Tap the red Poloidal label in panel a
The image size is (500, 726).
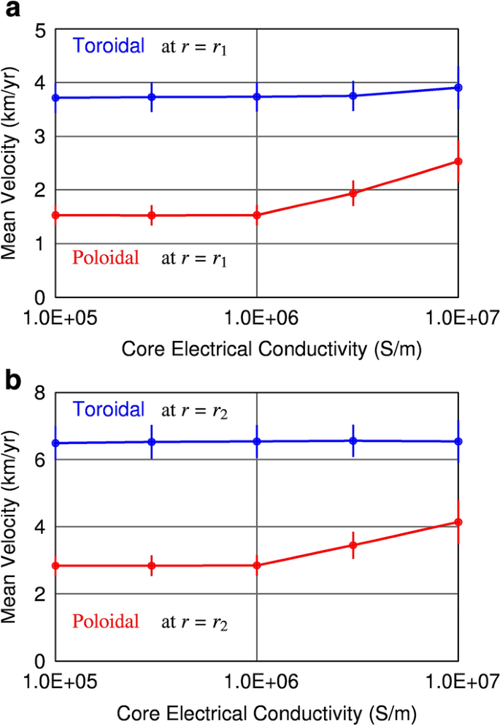click(x=106, y=257)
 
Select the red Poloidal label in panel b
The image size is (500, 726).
click(x=106, y=621)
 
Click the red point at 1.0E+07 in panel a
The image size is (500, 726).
click(x=458, y=161)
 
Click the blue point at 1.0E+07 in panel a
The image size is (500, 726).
click(x=458, y=88)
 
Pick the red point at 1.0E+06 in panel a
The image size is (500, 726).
click(x=257, y=215)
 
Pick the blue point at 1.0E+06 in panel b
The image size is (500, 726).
click(x=257, y=441)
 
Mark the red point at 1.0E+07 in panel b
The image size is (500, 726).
click(x=458, y=521)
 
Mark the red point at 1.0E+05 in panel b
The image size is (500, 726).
click(x=55, y=565)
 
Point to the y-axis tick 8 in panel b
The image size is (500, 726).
click(x=39, y=393)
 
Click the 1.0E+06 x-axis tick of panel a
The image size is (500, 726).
click(x=257, y=318)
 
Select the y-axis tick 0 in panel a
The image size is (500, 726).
click(x=39, y=297)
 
